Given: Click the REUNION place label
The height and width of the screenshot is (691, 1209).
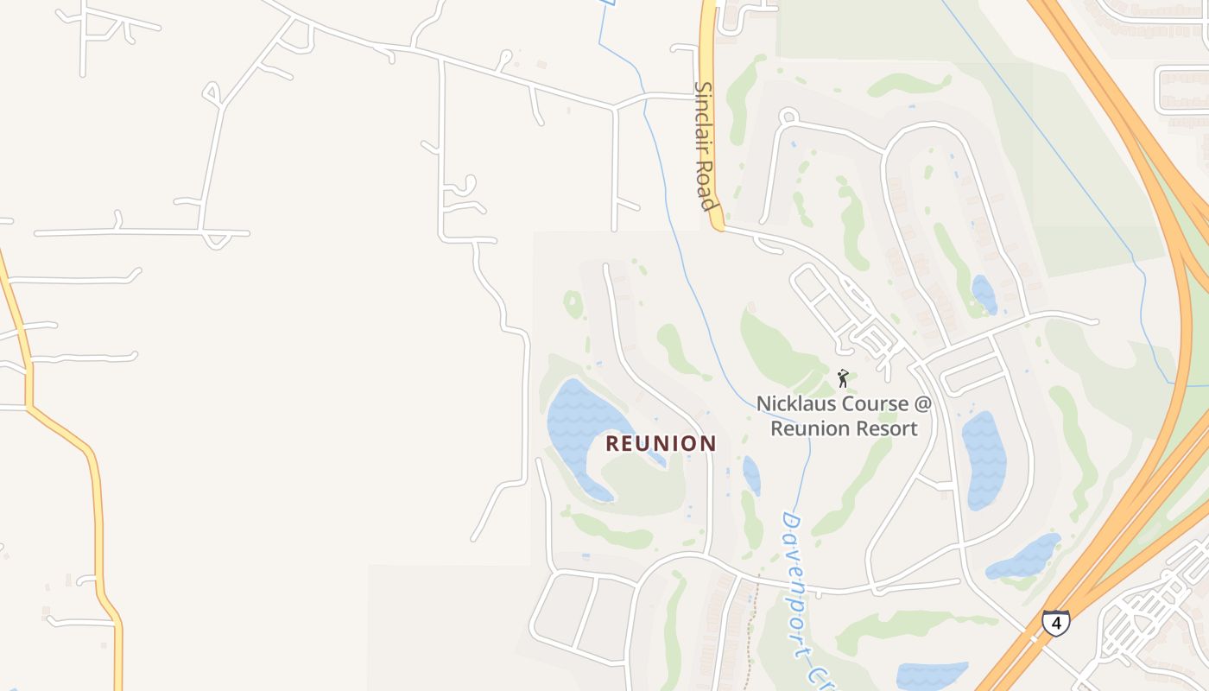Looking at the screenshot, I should (x=661, y=444).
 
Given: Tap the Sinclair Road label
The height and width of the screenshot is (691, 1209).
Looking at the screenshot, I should (x=706, y=146).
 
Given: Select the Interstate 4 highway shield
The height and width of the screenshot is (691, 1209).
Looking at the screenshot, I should (x=1055, y=622).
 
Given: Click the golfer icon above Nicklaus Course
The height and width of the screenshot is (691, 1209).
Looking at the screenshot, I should (x=843, y=378).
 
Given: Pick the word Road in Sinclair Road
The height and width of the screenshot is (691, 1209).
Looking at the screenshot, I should (x=707, y=188).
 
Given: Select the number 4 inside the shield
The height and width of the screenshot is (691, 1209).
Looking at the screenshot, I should (x=1055, y=622).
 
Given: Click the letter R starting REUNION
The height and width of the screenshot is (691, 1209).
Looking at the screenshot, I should (x=612, y=444).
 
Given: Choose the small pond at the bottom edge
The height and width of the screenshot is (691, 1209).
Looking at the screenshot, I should (x=931, y=675).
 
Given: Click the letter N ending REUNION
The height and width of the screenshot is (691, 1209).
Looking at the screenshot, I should (x=708, y=444).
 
